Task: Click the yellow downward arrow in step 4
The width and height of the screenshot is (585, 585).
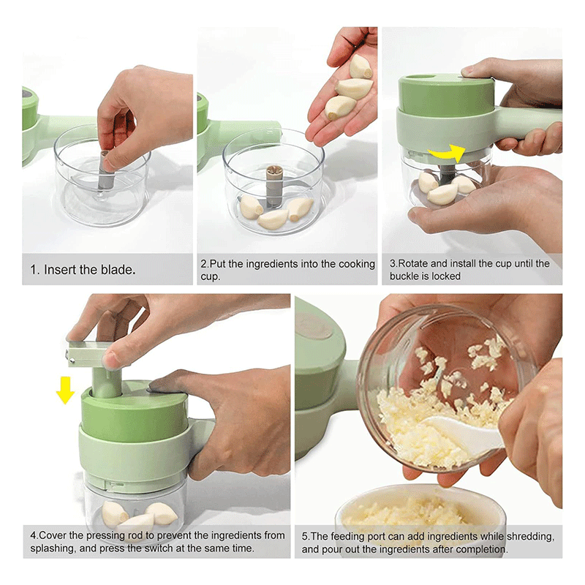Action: tap(65, 390)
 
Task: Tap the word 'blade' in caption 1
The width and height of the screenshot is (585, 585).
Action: tap(118, 270)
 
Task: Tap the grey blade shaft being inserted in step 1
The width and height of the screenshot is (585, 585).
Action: tap(105, 170)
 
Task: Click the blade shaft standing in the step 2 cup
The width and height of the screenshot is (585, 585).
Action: tap(274, 186)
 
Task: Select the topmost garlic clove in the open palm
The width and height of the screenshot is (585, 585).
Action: tap(360, 67)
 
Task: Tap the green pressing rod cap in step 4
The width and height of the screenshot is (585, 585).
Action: tap(86, 353)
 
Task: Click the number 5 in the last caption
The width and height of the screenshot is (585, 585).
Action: tap(304, 537)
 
